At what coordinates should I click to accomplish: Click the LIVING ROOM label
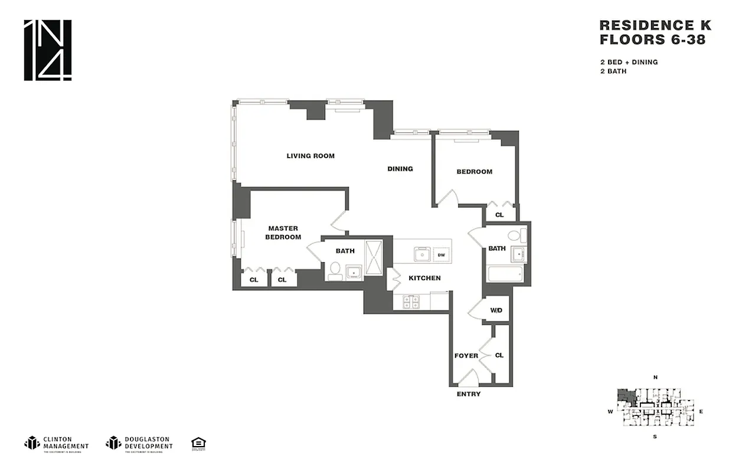click(310, 156)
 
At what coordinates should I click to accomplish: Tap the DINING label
click(400, 169)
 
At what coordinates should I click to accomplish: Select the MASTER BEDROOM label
click(283, 232)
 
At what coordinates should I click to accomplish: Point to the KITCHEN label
click(425, 278)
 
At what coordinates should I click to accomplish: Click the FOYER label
click(466, 356)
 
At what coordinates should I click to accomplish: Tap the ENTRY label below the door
click(469, 394)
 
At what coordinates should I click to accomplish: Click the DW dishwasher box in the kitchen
click(440, 255)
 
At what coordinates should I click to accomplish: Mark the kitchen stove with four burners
click(411, 301)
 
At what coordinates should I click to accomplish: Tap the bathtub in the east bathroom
click(505, 274)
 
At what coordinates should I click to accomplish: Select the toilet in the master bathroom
click(335, 270)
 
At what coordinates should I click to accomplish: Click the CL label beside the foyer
click(499, 355)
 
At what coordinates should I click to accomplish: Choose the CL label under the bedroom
click(499, 215)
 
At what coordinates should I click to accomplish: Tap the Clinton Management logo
click(57, 443)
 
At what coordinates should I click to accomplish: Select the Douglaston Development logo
click(139, 443)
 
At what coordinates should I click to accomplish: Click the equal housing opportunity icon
click(198, 443)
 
